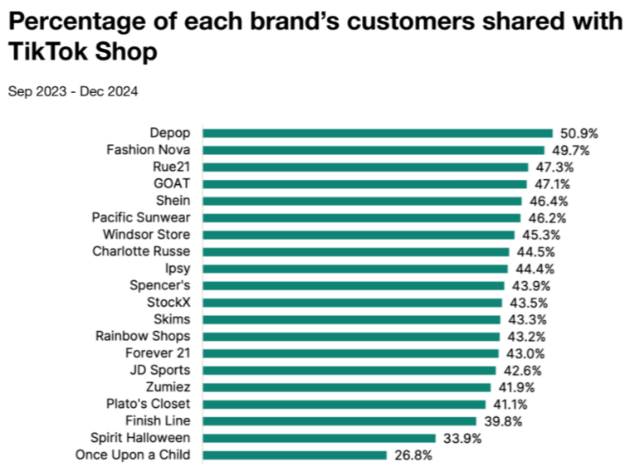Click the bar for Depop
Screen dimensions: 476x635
point(377,133)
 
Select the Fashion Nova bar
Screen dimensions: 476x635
point(373,150)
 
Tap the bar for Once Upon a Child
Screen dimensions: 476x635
point(295,454)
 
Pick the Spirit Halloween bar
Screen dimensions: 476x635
point(319,438)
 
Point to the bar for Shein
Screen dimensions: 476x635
point(362,201)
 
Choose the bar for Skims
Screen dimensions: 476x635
point(351,319)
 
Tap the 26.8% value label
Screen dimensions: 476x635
point(412,454)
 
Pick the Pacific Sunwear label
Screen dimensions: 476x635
point(141,217)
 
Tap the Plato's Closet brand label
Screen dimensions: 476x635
point(148,404)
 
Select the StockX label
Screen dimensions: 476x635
point(169,302)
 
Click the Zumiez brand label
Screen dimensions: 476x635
point(169,387)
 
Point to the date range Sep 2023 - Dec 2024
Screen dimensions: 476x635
point(73,91)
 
